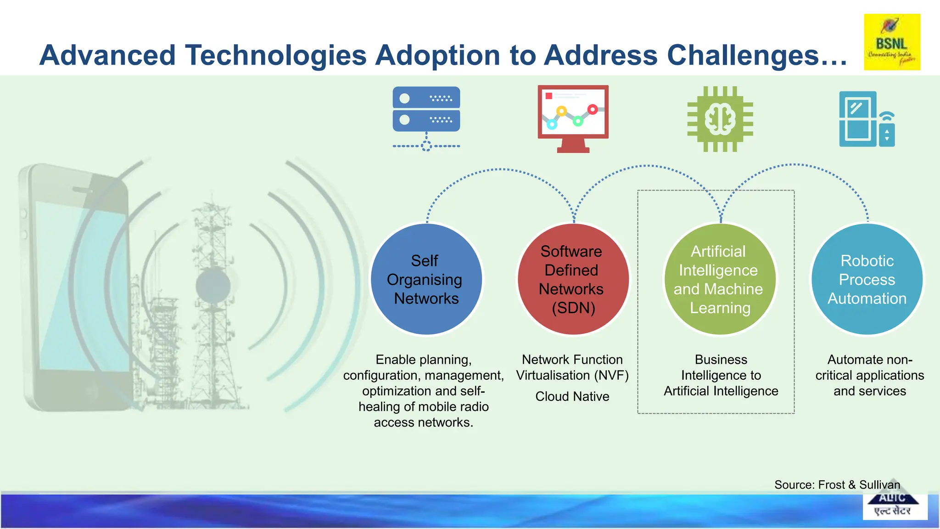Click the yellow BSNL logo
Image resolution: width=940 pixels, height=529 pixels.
click(x=892, y=42)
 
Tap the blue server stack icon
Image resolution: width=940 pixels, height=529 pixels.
click(x=426, y=109)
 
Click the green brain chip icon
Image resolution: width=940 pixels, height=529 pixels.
click(x=720, y=119)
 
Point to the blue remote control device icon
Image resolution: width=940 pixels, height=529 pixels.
click(x=867, y=119)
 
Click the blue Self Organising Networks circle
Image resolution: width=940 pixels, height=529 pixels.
click(x=426, y=279)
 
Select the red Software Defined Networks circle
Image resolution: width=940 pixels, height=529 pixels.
click(x=572, y=279)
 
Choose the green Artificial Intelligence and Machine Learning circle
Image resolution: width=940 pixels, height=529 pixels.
click(x=719, y=279)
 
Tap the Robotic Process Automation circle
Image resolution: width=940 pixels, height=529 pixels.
click(x=867, y=279)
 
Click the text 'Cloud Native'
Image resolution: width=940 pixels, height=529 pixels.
click(x=572, y=396)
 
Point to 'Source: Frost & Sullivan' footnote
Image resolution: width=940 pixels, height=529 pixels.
click(x=837, y=485)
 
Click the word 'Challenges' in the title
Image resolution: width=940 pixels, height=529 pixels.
click(x=743, y=55)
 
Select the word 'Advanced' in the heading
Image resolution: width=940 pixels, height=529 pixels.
click(x=107, y=55)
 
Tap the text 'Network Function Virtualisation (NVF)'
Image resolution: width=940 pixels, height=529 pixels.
click(x=572, y=367)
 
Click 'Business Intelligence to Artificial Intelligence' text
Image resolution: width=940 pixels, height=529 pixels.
click(x=721, y=375)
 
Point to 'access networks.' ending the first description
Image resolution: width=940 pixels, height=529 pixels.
click(x=423, y=422)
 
